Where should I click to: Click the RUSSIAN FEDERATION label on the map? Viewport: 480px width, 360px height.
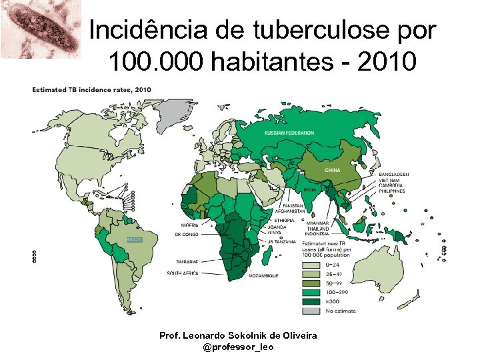[x=289, y=133]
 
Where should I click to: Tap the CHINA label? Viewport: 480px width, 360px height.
[x=332, y=170]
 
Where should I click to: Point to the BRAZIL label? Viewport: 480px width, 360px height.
[x=135, y=239]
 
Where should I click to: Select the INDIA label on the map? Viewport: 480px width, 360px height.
[x=309, y=190]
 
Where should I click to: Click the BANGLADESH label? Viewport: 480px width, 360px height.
[x=393, y=175]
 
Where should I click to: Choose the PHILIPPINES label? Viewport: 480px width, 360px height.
[x=392, y=191]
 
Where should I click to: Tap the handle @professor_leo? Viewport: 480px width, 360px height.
[x=238, y=347]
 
